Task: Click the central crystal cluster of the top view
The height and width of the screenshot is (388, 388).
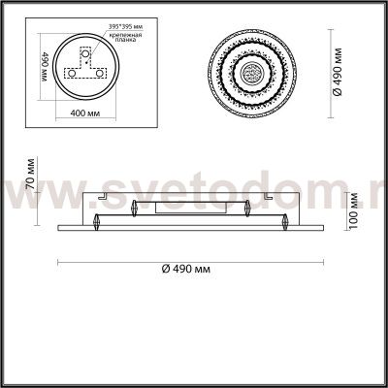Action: point(250,71)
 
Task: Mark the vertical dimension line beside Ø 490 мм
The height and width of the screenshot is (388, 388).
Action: point(321,71)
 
